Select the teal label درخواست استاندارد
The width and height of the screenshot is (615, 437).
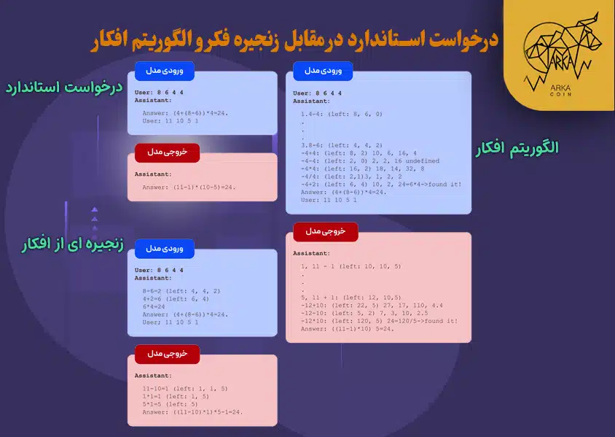62,88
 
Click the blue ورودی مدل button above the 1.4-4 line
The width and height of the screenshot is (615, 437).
323,71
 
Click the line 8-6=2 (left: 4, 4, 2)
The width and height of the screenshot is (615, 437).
181,291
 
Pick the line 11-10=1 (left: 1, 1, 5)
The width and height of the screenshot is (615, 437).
185,389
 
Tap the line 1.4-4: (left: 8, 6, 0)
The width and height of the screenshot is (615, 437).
341,114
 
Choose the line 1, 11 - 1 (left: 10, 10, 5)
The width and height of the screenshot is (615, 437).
350,266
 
